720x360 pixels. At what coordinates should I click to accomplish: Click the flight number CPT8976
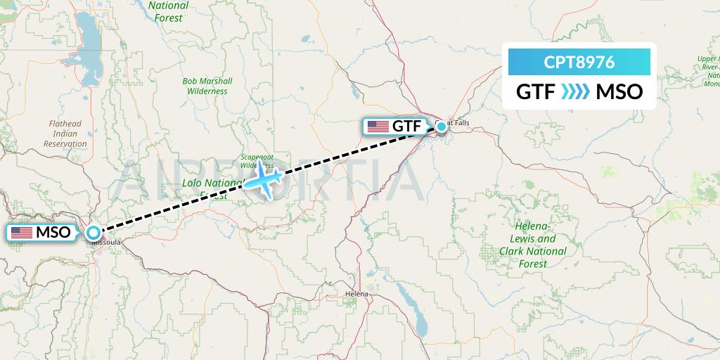(x=579, y=63)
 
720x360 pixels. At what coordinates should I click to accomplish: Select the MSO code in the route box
(x=619, y=91)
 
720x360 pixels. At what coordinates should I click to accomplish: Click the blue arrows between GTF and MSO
(x=577, y=91)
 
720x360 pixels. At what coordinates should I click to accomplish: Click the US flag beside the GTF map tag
(x=378, y=127)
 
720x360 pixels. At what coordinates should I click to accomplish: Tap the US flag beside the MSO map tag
(x=22, y=232)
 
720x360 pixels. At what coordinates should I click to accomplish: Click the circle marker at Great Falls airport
(x=441, y=127)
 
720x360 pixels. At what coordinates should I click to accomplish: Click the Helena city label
(x=356, y=293)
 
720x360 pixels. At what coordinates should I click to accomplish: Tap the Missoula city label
(x=107, y=243)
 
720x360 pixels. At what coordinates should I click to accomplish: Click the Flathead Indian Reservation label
(x=65, y=134)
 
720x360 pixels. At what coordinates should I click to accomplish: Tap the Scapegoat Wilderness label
(x=257, y=160)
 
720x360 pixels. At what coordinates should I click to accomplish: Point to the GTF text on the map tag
(x=408, y=127)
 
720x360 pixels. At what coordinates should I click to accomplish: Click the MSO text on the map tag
(x=53, y=232)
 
